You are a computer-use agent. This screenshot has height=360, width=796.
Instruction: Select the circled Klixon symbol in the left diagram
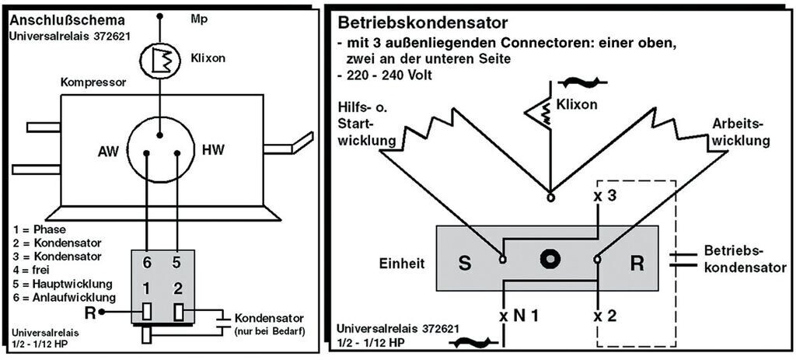pos(161,58)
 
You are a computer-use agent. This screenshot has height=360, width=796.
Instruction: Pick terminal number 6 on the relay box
pos(146,262)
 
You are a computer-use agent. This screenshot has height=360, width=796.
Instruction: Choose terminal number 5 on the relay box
pos(176,262)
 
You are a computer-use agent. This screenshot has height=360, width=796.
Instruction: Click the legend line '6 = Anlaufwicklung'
pos(64,297)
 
